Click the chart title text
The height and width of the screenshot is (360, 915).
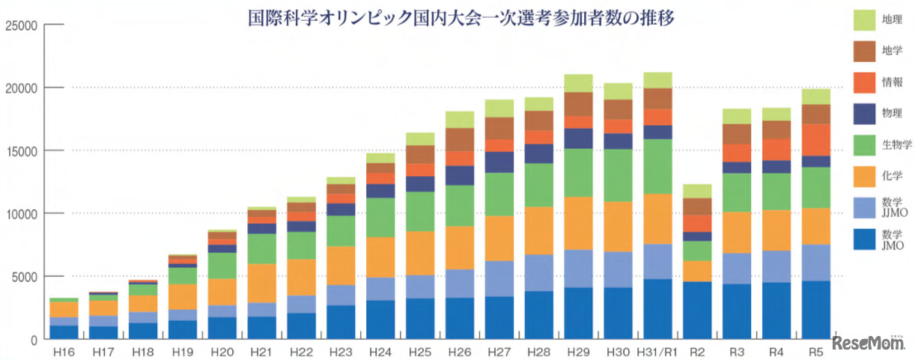click(x=461, y=19)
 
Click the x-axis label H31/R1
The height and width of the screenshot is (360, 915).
click(x=657, y=350)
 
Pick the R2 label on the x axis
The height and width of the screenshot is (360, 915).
click(x=696, y=350)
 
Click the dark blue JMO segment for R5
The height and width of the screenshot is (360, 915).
click(x=815, y=310)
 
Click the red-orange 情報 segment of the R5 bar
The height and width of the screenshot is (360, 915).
click(x=815, y=140)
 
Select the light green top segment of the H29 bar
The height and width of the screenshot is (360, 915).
click(x=578, y=83)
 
